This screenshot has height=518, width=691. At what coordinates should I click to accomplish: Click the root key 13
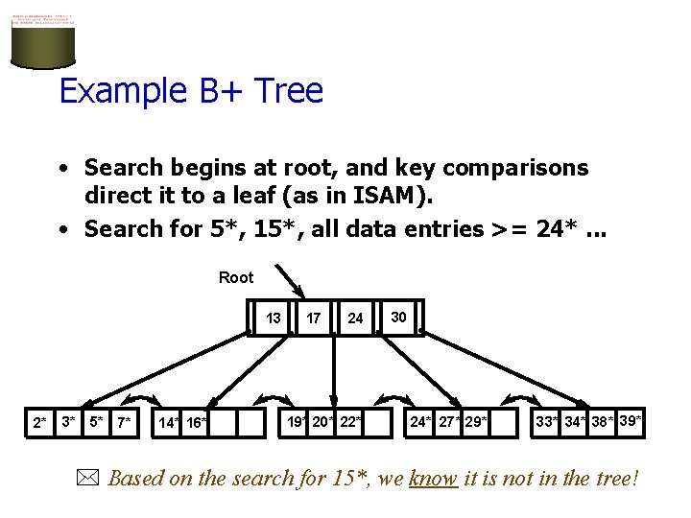274,318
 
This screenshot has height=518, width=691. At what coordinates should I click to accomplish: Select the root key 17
314,318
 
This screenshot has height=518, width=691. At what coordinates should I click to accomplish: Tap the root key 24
356,318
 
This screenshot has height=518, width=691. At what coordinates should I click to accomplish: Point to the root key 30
398,317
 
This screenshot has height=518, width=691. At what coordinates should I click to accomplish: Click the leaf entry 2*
39,422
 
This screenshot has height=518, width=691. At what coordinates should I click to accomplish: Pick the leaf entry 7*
124,422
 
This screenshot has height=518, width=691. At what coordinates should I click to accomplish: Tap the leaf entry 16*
196,423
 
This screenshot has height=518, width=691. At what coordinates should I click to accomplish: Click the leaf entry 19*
298,421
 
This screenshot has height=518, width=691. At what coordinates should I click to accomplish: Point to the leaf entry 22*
351,421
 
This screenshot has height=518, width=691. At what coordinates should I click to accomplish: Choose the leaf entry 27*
449,421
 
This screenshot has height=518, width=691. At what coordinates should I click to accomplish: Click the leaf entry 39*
631,420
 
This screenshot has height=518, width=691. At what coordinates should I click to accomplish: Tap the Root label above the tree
236,277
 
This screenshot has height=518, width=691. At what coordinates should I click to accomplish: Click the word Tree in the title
286,91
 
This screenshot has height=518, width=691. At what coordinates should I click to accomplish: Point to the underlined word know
433,478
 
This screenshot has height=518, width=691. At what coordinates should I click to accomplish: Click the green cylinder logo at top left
43,41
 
